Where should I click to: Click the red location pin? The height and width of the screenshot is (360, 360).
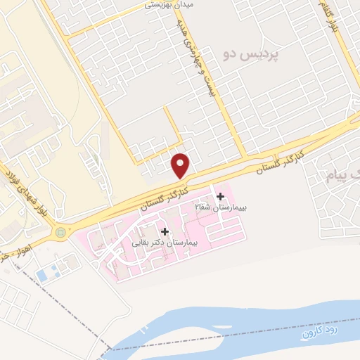click(181, 165)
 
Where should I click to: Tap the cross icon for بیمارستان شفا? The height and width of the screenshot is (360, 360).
click(221, 195)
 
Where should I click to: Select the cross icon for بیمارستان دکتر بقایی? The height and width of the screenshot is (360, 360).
click(165, 231)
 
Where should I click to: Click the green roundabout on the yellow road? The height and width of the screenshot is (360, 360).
click(60, 231)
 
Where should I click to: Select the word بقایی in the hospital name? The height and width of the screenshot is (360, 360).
click(144, 243)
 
